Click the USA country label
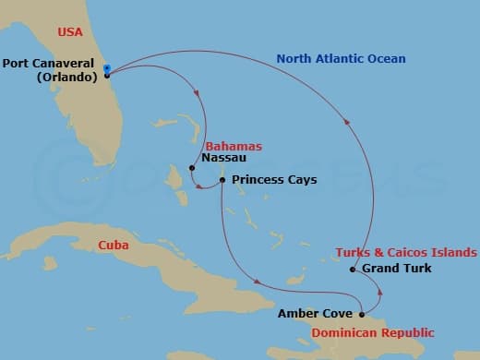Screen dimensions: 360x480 tap(70, 31)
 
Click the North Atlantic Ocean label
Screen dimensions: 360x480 tap(341, 59)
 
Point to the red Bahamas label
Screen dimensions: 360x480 tap(234, 146)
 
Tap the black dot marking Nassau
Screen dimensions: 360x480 tap(191, 168)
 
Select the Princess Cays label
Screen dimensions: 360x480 tap(274, 180)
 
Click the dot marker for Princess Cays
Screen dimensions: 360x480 tap(222, 179)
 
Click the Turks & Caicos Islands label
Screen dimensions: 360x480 tap(406, 252)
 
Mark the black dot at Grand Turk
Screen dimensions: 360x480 tap(353, 270)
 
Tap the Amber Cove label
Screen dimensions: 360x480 tap(315, 314)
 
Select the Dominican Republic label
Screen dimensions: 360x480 tap(373, 331)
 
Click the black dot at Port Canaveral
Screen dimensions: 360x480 tap(107, 76)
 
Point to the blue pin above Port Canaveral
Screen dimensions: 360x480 tap(107, 67)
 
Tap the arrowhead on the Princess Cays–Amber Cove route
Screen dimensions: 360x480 tap(256, 282)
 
